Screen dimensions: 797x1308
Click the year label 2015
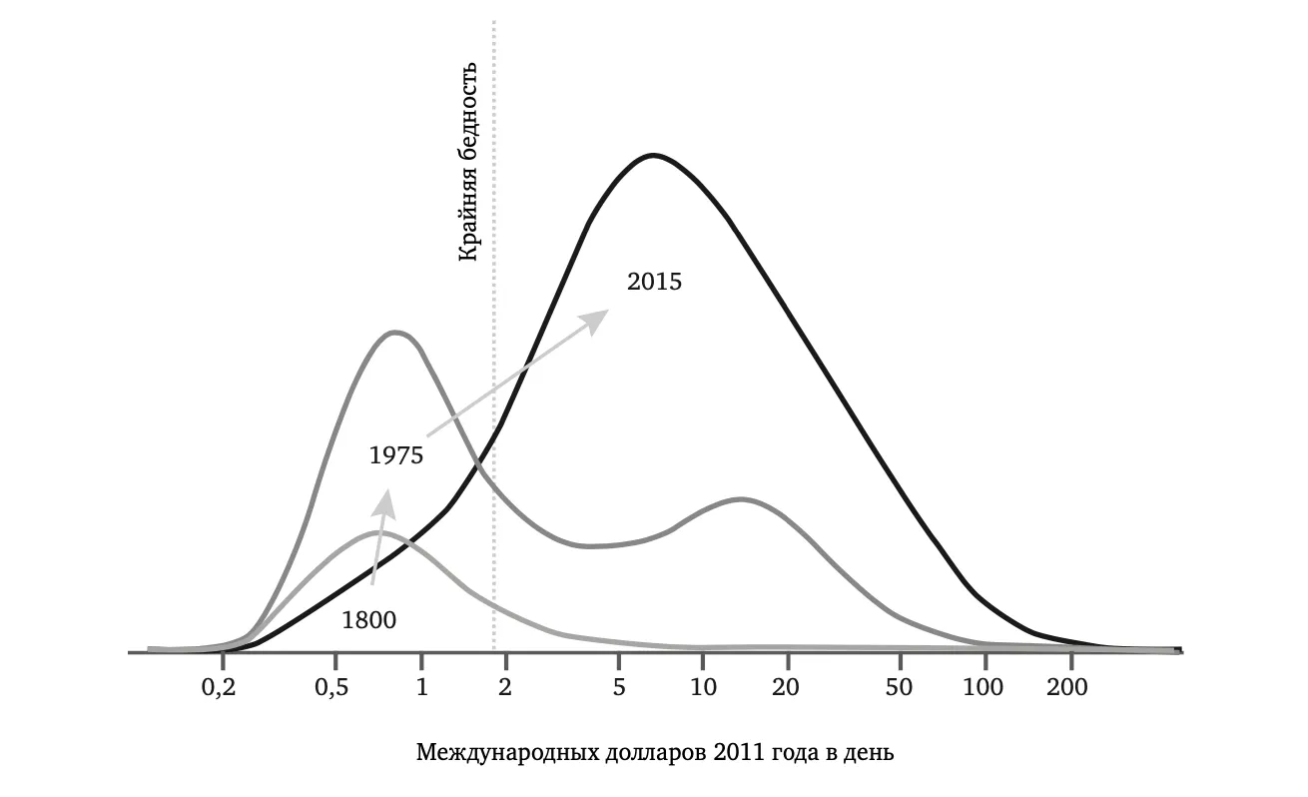pos(654,282)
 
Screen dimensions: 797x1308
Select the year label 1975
pos(396,455)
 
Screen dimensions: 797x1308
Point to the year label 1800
pos(368,619)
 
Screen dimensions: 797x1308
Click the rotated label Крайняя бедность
pos(468,162)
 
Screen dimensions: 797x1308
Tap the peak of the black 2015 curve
pos(653,155)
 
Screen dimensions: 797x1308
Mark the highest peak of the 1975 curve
pos(395,332)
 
